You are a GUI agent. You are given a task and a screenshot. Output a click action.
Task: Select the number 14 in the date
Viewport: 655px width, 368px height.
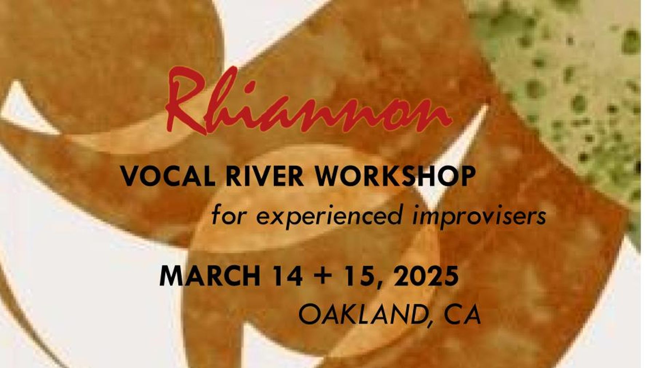pyautogui.click(x=287, y=276)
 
